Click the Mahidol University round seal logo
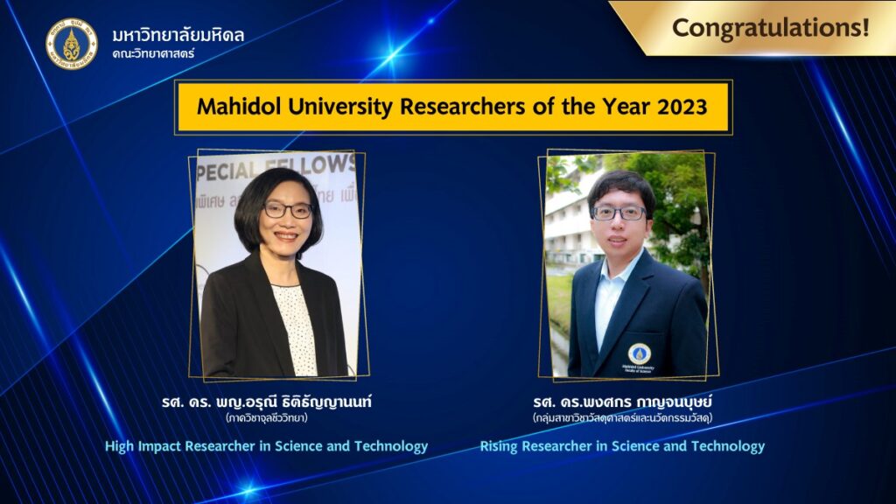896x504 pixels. (72, 44)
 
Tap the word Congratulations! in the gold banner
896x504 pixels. (770, 27)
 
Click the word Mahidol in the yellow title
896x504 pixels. (239, 106)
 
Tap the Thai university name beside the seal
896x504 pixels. (178, 35)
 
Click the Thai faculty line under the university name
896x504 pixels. (153, 54)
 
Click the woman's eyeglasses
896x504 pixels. (288, 210)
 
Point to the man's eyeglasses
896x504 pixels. (619, 213)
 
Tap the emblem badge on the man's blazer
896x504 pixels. (639, 354)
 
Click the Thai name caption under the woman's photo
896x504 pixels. (267, 402)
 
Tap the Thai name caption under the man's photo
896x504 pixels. (622, 402)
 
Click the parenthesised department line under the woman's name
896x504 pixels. (267, 417)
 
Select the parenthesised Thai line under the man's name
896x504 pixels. (622, 417)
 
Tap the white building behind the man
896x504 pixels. (569, 223)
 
